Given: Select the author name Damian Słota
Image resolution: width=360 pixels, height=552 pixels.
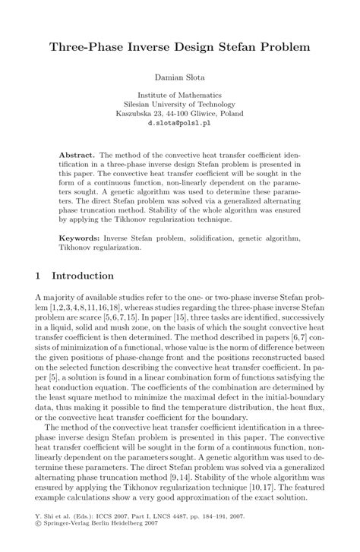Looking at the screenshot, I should point(180,77).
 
